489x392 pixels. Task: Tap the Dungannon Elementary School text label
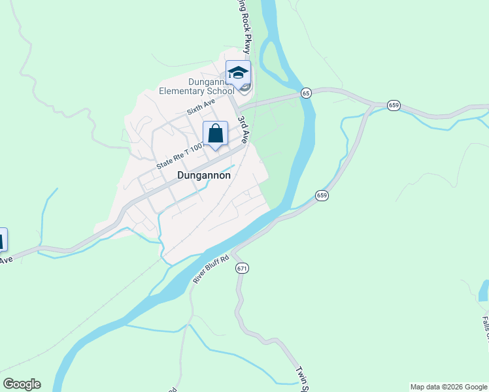click(196, 86)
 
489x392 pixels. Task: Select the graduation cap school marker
click(238, 73)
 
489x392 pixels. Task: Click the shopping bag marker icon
click(215, 134)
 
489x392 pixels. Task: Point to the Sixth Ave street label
click(201, 108)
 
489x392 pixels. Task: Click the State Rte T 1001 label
click(180, 158)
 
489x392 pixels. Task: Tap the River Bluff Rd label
click(211, 269)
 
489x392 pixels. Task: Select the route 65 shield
click(306, 93)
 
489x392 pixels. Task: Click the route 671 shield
click(243, 268)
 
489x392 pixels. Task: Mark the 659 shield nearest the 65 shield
click(394, 105)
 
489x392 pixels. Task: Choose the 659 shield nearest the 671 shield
click(322, 195)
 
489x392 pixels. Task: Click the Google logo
click(21, 384)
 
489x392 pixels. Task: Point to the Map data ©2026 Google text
click(448, 387)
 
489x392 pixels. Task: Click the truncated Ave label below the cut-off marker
click(6, 260)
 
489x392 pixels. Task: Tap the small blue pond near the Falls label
click(484, 291)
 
